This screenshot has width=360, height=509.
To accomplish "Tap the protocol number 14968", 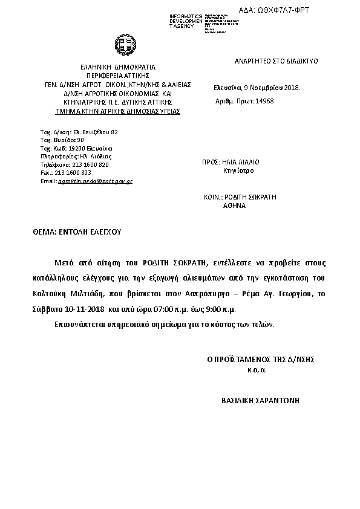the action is point(264,101).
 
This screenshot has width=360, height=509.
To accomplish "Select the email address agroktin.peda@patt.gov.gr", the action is point(94,181).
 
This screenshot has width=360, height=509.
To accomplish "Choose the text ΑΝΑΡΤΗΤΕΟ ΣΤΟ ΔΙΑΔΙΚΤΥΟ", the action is point(276,61).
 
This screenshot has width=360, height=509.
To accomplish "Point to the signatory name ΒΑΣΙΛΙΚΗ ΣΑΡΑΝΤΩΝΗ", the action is point(261,400).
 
